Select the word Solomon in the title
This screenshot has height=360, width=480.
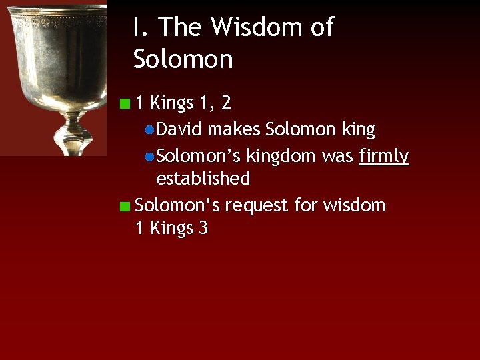183,59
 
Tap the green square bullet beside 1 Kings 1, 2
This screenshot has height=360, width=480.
125,103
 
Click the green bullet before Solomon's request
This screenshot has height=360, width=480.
125,206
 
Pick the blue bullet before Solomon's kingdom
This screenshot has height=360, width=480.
150,157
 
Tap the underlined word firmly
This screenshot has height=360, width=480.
383,156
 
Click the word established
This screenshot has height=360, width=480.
203,179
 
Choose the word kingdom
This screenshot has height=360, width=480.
281,156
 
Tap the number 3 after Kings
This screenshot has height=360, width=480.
203,228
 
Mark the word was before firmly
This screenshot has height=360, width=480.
337,156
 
